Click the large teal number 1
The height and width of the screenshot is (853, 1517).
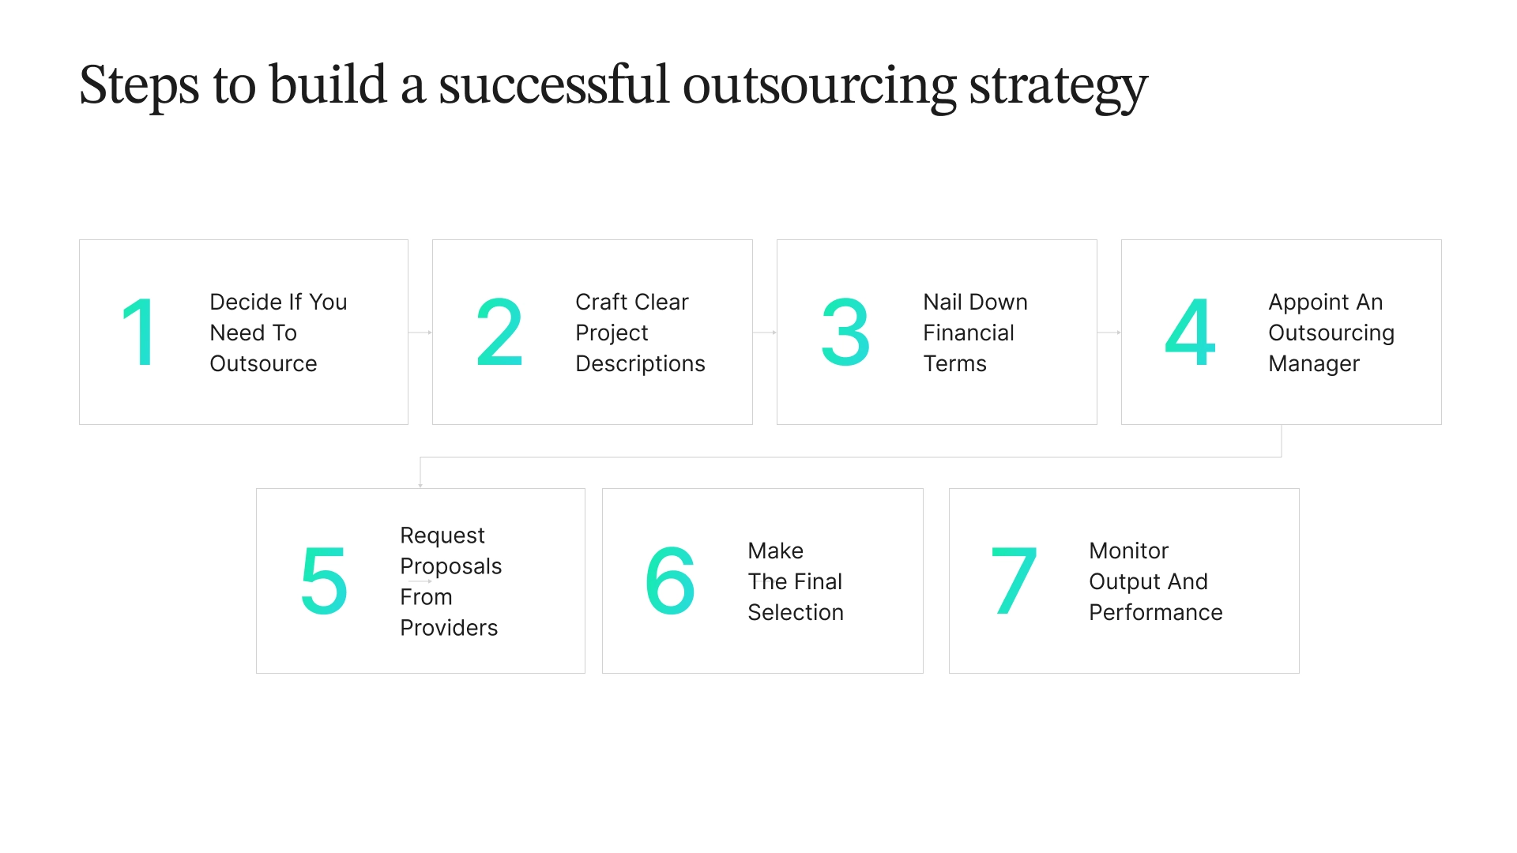(x=140, y=333)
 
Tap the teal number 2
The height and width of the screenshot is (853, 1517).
(x=499, y=333)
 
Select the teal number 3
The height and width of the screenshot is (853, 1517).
(x=845, y=333)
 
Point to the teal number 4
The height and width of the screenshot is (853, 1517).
(x=1190, y=333)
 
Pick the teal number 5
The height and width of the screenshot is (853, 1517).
(x=324, y=581)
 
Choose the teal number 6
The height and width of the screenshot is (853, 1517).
(x=670, y=581)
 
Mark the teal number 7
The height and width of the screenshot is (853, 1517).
(x=1014, y=581)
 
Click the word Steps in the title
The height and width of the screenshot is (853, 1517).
(x=138, y=85)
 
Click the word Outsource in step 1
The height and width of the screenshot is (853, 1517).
(x=263, y=363)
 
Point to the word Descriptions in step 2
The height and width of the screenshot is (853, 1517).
(x=640, y=363)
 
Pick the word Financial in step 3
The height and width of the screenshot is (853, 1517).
(x=968, y=333)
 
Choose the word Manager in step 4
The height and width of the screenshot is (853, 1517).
(x=1313, y=363)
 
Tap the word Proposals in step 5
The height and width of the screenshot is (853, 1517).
(x=450, y=566)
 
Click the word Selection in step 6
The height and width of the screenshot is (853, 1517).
(x=795, y=612)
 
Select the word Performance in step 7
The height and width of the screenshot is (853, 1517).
(x=1155, y=612)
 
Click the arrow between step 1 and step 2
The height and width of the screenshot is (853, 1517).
(x=420, y=333)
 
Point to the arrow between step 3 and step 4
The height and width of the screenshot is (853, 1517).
(x=1109, y=333)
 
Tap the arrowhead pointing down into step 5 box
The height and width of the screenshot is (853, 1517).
(x=420, y=484)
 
